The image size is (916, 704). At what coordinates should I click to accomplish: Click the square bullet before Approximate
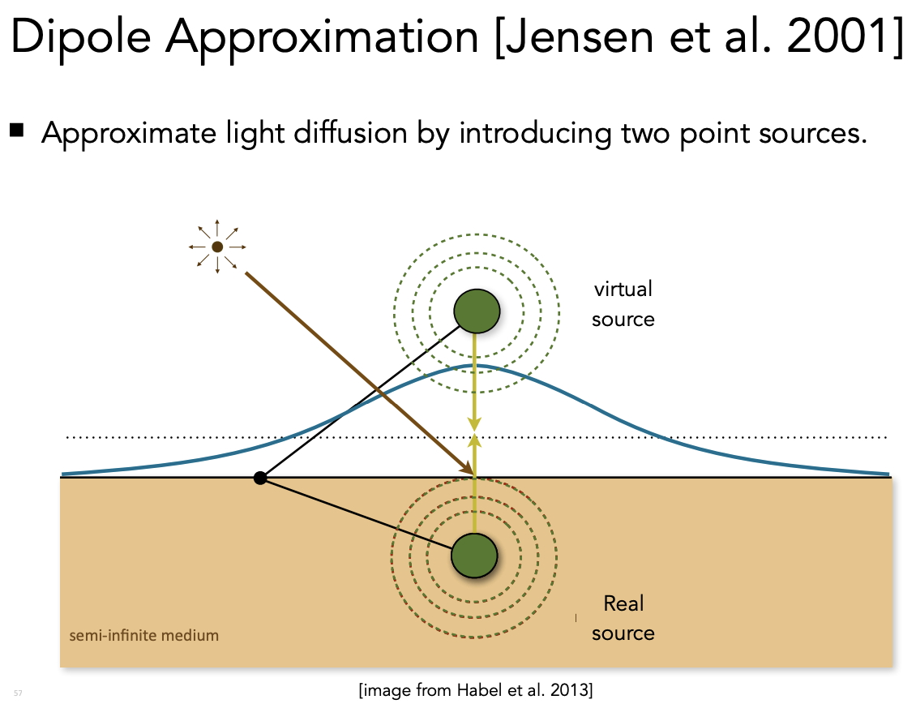tap(17, 131)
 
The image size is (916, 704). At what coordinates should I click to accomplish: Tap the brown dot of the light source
tap(217, 247)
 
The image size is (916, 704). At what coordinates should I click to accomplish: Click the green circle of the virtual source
tap(476, 311)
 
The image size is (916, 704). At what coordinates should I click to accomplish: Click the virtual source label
tap(623, 304)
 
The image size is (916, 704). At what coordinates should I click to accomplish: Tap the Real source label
tap(623, 618)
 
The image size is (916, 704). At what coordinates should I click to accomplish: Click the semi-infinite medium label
tap(144, 635)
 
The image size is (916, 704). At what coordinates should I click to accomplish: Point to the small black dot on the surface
tap(260, 478)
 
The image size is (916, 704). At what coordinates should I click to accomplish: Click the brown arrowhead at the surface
tap(466, 469)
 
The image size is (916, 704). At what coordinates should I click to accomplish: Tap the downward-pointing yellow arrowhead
tap(475, 425)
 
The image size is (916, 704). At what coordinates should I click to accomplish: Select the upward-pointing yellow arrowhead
tap(475, 441)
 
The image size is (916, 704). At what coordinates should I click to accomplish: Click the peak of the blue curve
tap(477, 366)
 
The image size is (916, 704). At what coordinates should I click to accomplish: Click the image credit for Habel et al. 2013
tap(476, 690)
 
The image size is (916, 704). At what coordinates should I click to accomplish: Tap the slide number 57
tap(18, 693)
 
